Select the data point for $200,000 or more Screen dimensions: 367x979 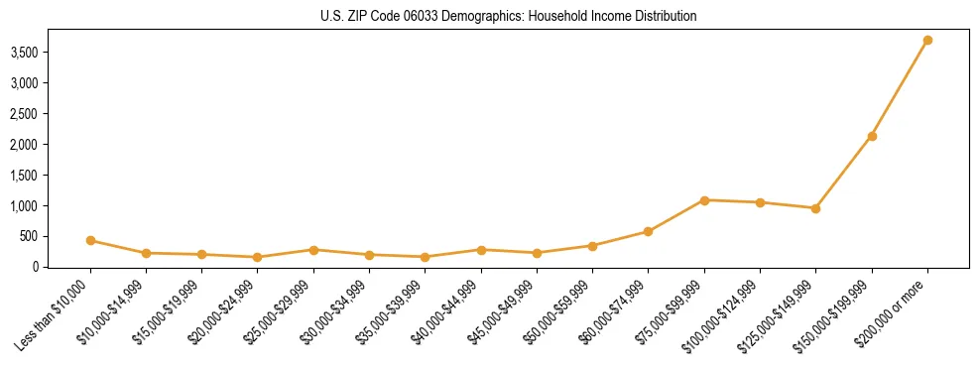pyautogui.click(x=927, y=41)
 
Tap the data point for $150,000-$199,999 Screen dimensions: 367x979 pyautogui.click(x=872, y=136)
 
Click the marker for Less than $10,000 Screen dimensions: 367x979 pyautogui.click(x=90, y=240)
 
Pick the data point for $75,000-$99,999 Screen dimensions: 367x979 pyautogui.click(x=704, y=200)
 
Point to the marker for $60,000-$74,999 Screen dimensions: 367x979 pyautogui.click(x=648, y=231)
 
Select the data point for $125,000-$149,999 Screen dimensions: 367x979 pyautogui.click(x=815, y=208)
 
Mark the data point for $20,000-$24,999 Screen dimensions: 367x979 pyautogui.click(x=258, y=257)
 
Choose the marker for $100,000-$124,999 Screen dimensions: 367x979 pyautogui.click(x=760, y=202)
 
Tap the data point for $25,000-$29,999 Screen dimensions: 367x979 pyautogui.click(x=313, y=250)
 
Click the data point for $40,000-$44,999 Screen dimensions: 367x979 pyautogui.click(x=481, y=250)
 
